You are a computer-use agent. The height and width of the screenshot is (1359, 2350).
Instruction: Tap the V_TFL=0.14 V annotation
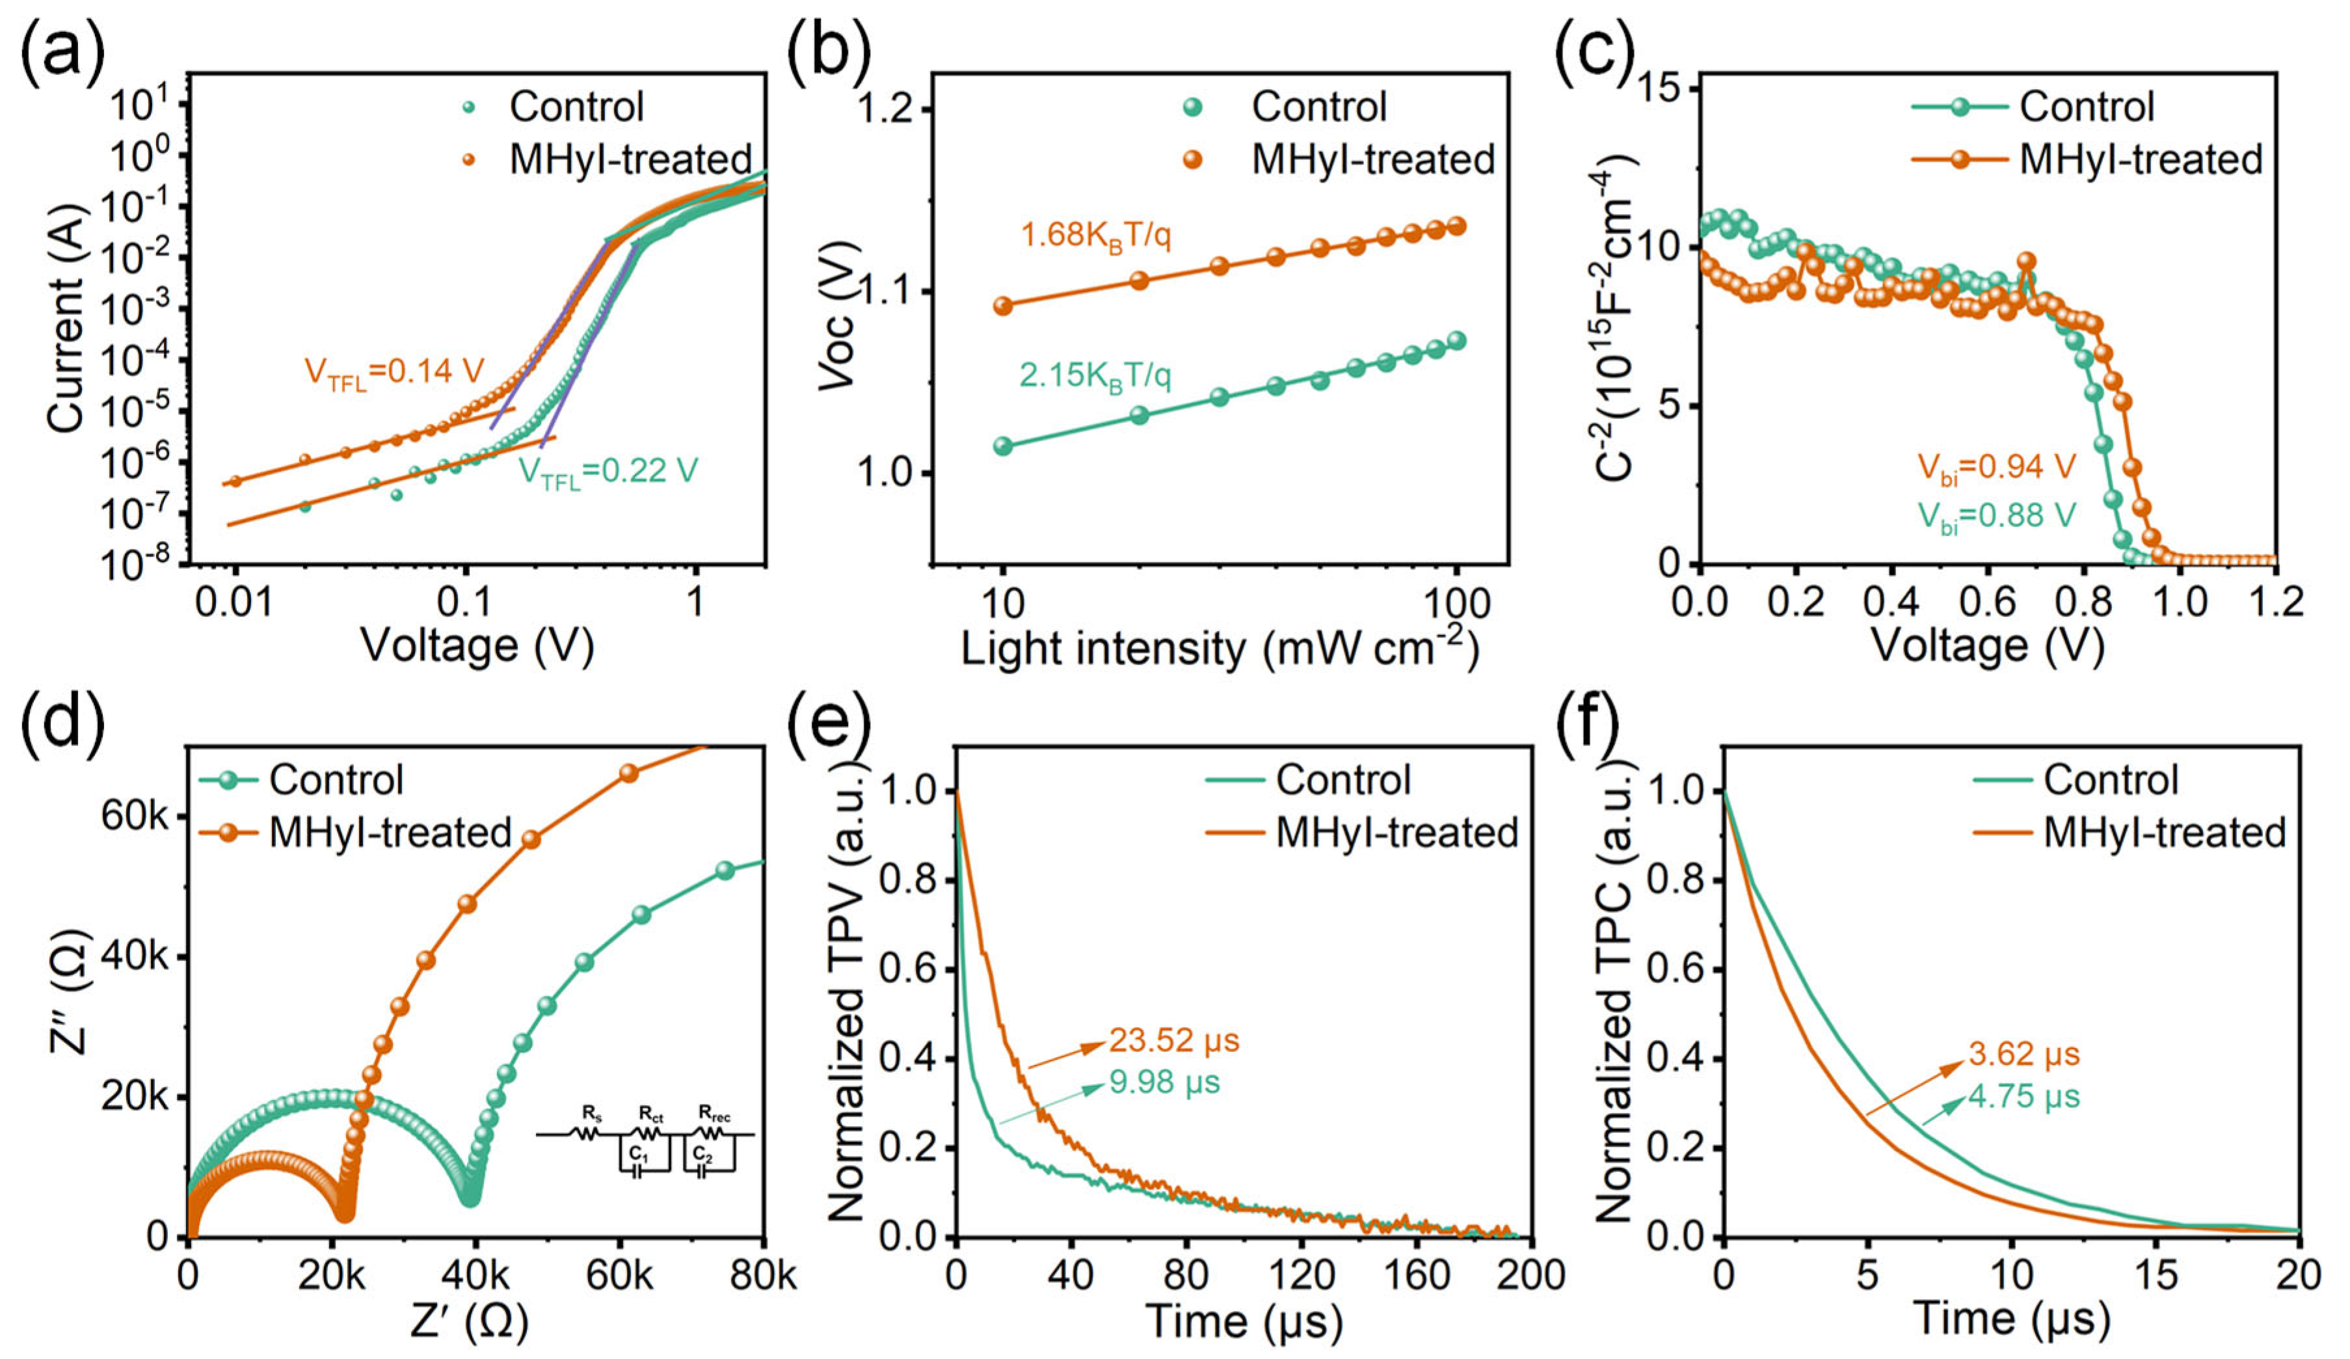point(394,373)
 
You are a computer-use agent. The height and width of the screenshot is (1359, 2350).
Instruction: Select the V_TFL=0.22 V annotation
point(608,472)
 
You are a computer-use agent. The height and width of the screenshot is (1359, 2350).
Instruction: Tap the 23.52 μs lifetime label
point(1174,1040)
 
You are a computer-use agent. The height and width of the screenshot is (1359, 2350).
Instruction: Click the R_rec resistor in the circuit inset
point(712,1134)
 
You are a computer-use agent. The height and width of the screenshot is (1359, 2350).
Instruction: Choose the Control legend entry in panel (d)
point(302,780)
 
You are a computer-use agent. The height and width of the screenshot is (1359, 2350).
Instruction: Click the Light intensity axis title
point(1220,647)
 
